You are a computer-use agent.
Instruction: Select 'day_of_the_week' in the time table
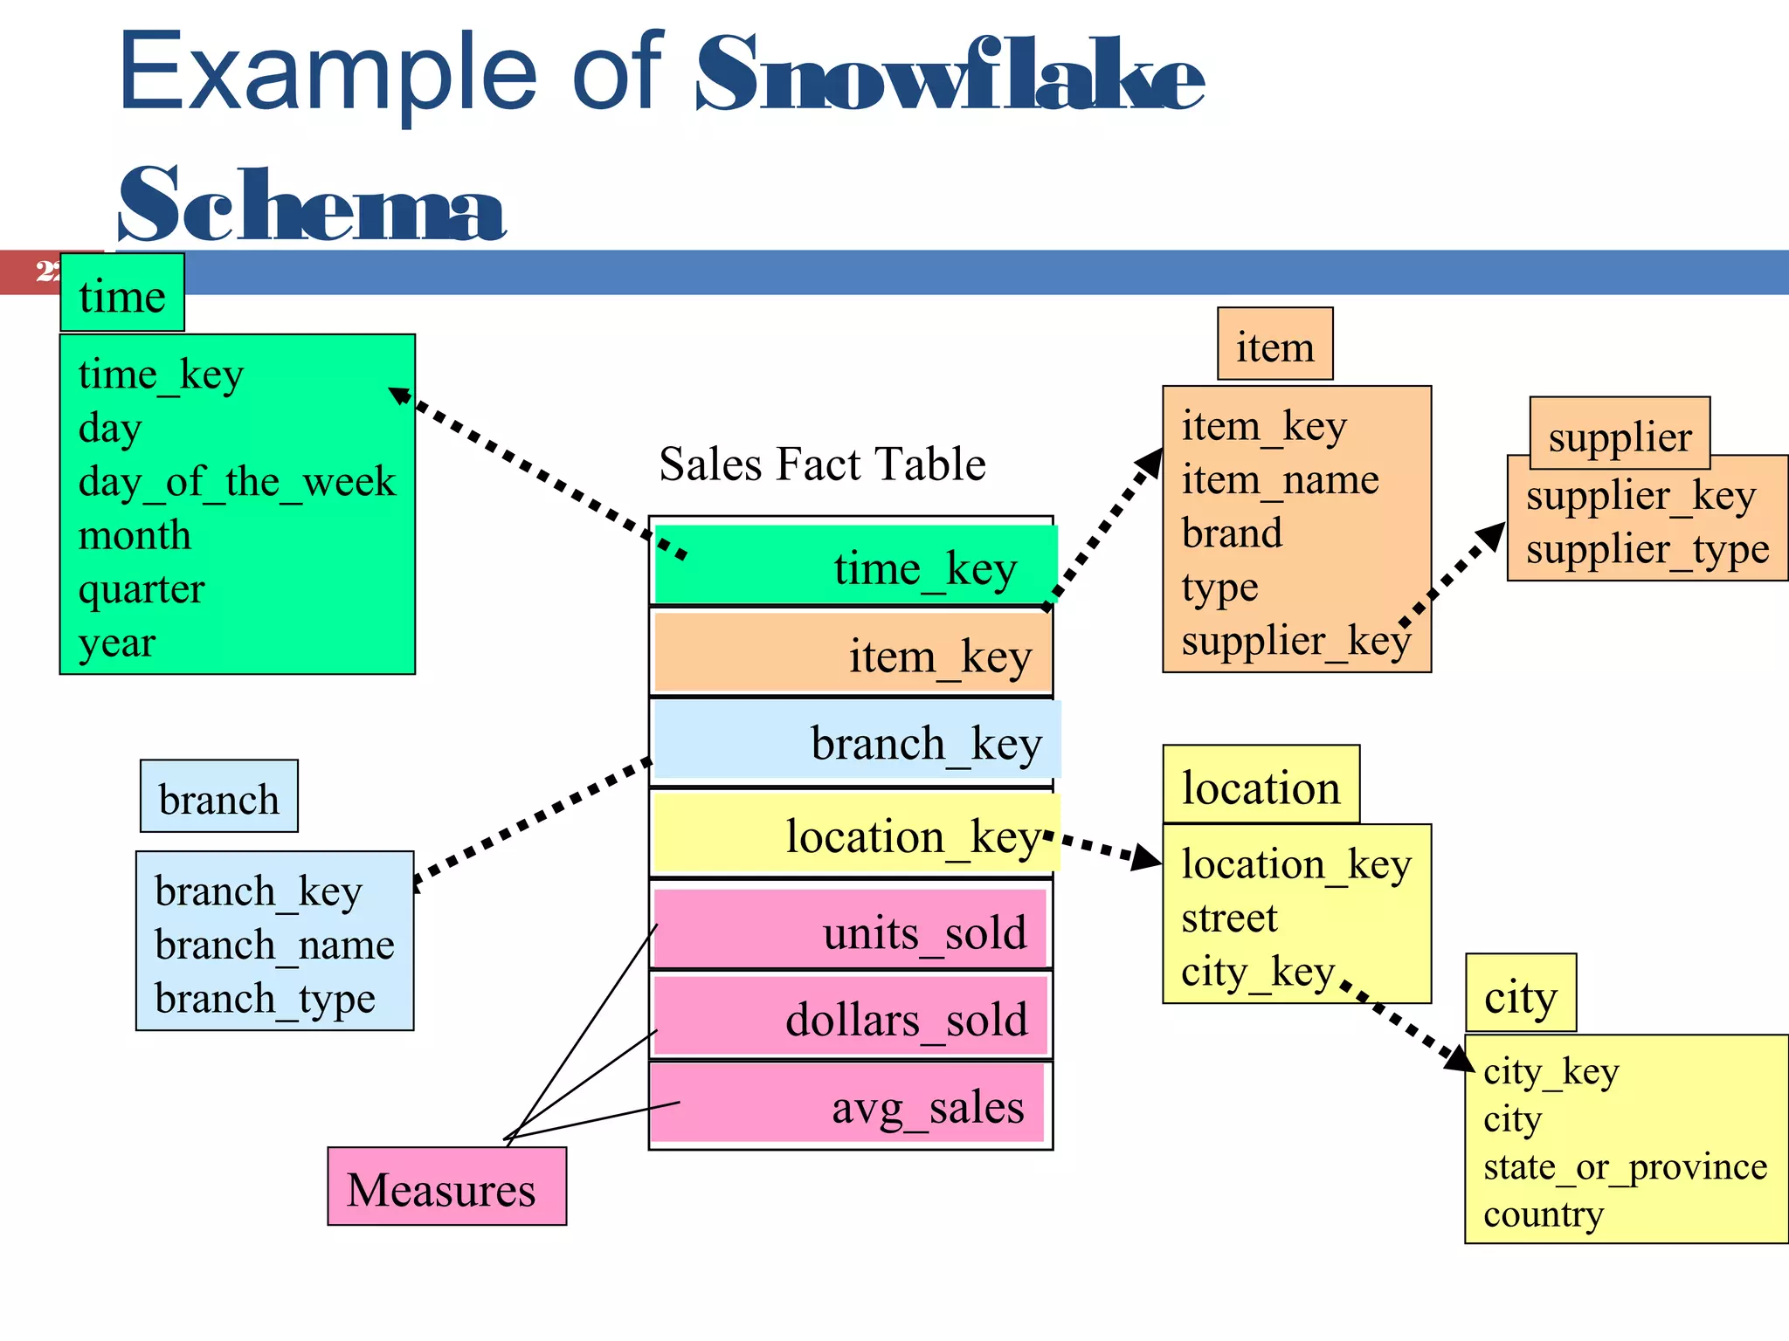pyautogui.click(x=237, y=481)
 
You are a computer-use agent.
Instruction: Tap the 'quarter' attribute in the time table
pyautogui.click(x=141, y=588)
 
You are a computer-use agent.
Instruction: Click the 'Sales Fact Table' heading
pyautogui.click(x=822, y=464)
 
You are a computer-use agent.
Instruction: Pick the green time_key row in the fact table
pyautogui.click(x=853, y=566)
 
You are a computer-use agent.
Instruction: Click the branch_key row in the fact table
pyautogui.click(x=856, y=742)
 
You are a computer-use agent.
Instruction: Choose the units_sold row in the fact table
pyautogui.click(x=849, y=931)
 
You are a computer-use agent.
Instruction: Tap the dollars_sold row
pyautogui.click(x=849, y=1018)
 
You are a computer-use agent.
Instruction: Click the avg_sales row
pyautogui.click(x=847, y=1105)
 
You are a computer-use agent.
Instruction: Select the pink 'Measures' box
pyautogui.click(x=446, y=1187)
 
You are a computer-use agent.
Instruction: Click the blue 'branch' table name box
pyautogui.click(x=219, y=797)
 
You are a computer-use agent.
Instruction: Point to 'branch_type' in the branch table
pyautogui.click(x=265, y=998)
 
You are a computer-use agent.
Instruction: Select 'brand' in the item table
pyautogui.click(x=1232, y=533)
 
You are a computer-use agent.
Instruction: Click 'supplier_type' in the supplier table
pyautogui.click(x=1647, y=549)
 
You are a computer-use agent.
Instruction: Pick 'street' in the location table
pyautogui.click(x=1229, y=918)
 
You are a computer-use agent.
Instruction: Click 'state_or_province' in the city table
pyautogui.click(x=1625, y=1166)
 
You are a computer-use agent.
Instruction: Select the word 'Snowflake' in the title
pyautogui.click(x=949, y=77)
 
